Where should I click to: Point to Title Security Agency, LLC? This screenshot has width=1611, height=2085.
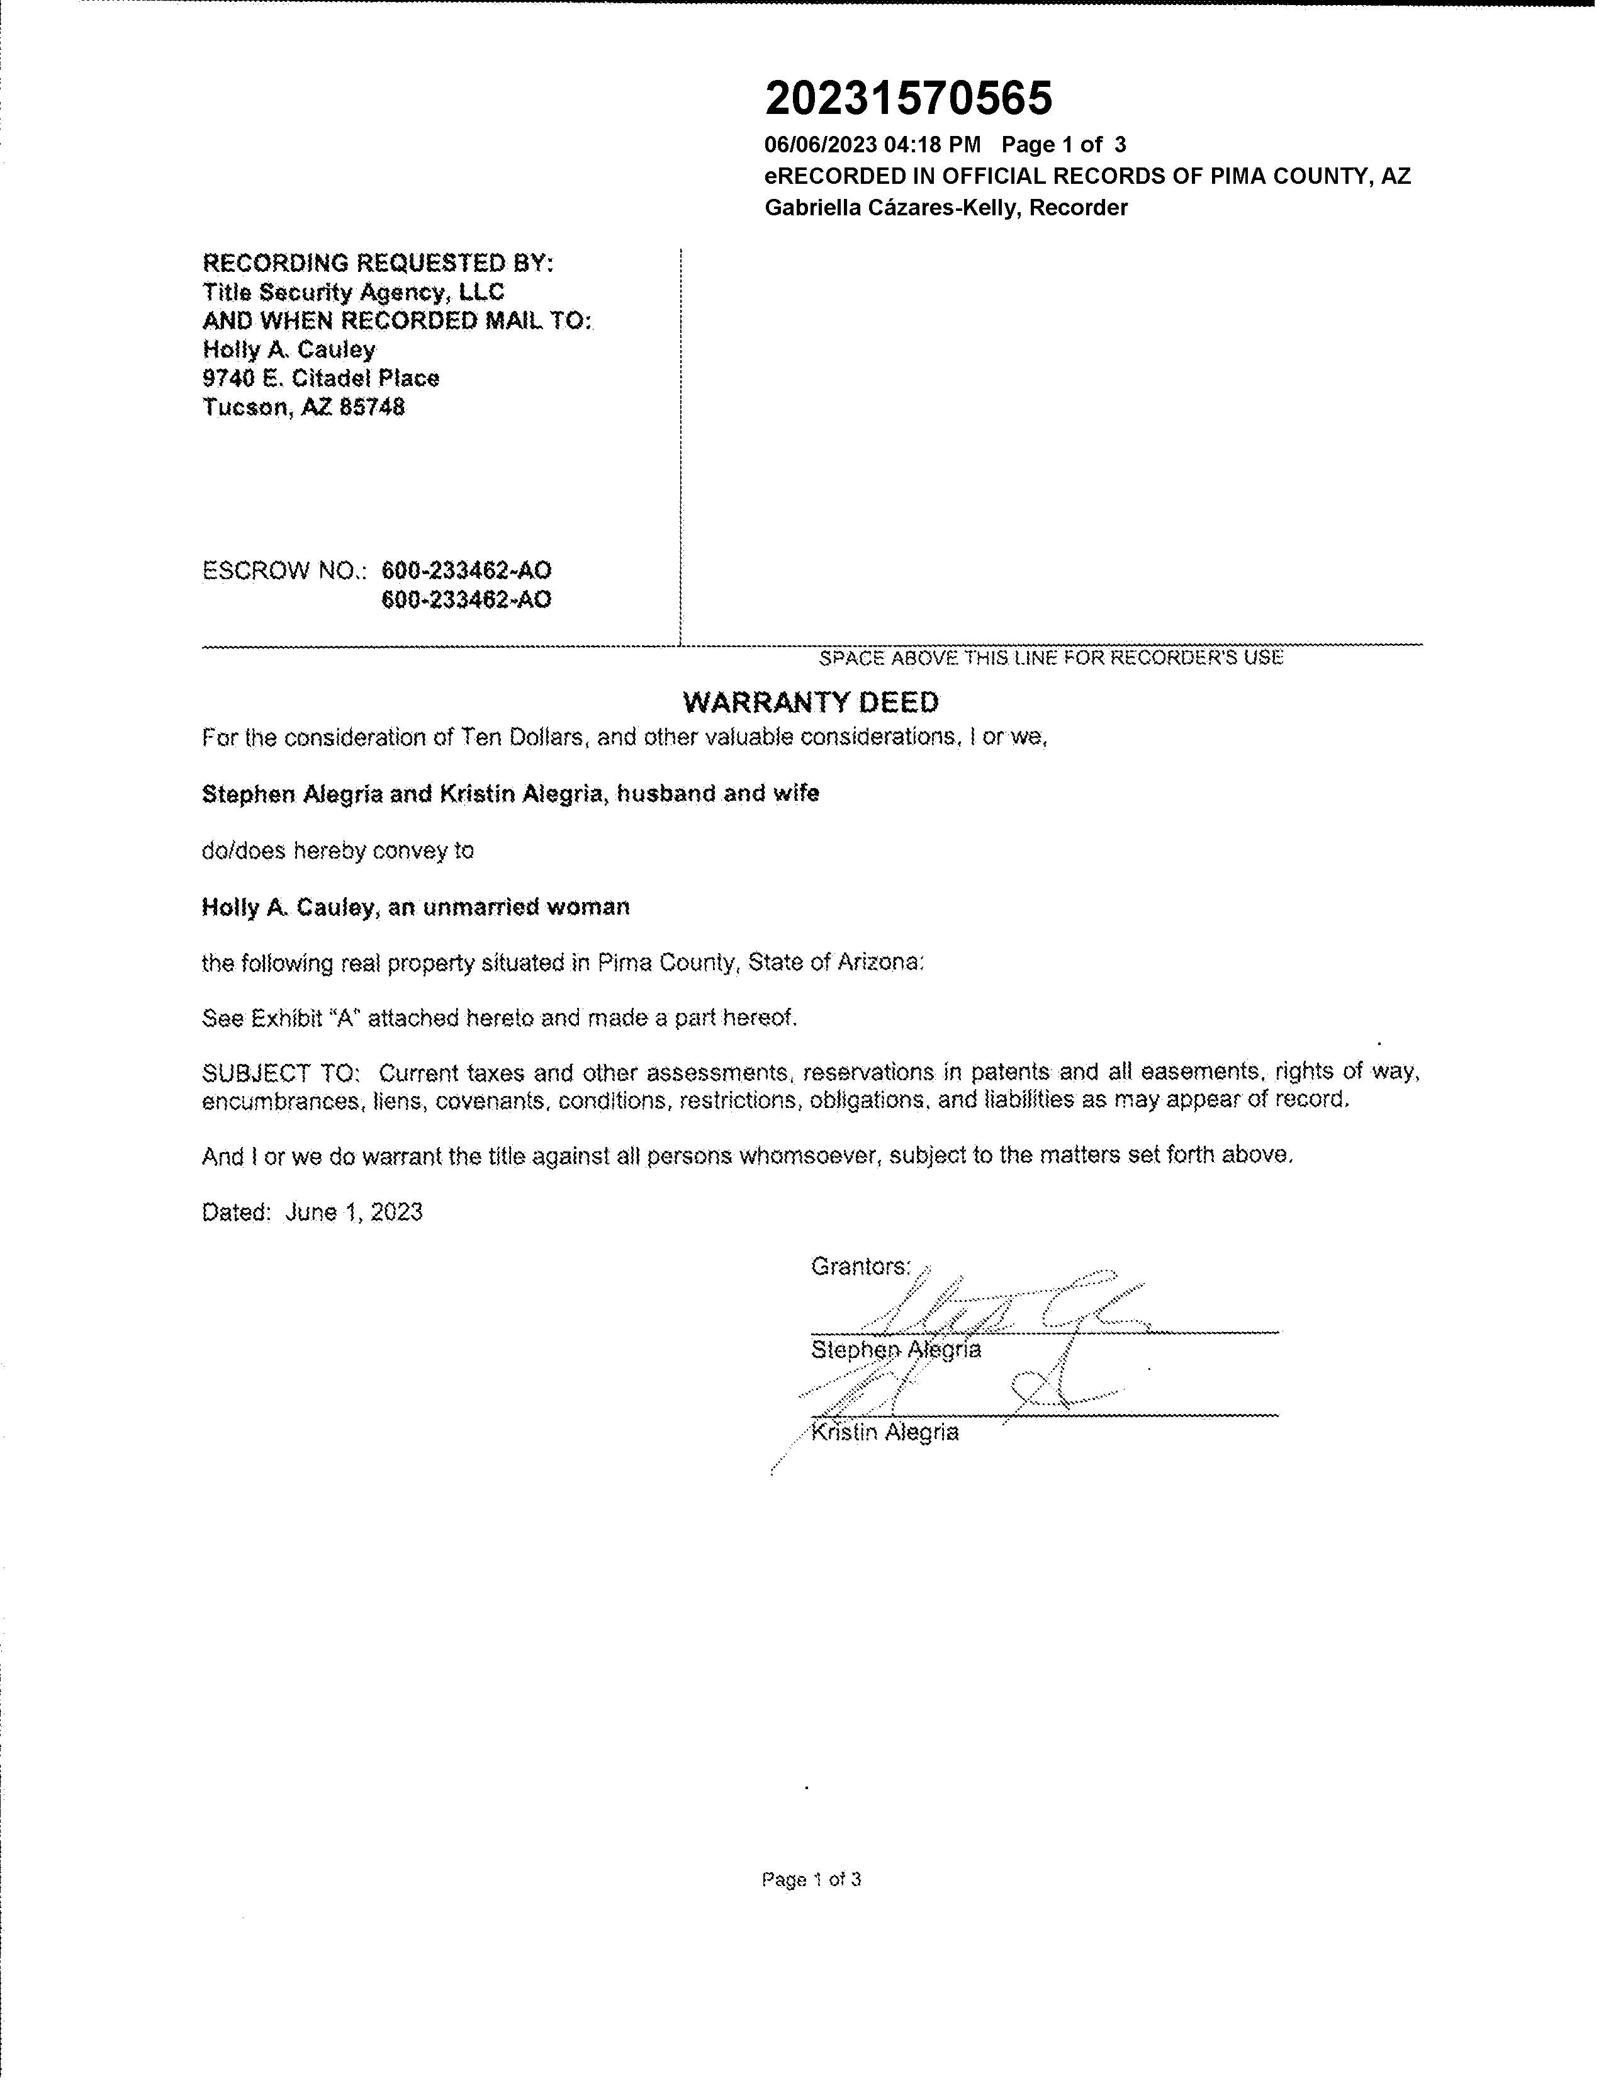point(353,292)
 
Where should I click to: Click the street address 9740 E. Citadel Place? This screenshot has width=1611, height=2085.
point(321,379)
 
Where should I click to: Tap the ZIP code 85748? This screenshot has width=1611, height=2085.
point(371,408)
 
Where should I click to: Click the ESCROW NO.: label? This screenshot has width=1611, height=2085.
point(284,571)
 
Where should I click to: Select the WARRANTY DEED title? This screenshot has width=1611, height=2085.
point(811,703)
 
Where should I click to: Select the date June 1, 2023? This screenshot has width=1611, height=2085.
point(353,1212)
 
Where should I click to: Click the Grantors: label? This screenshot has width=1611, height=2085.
point(861,1267)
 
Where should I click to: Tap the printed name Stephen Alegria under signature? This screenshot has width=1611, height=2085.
point(895,1350)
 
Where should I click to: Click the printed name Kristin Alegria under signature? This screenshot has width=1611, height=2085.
point(885,1433)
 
